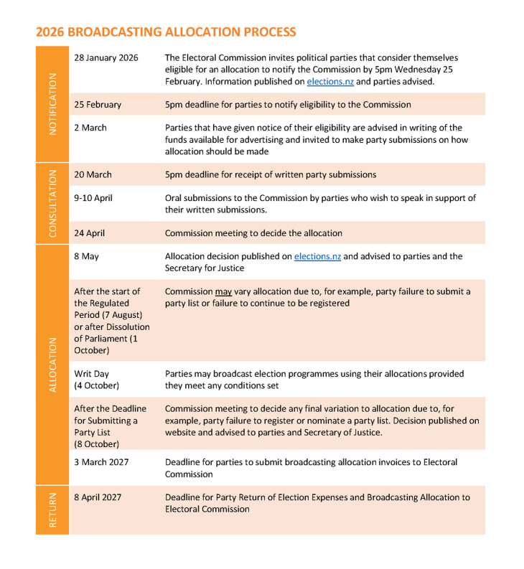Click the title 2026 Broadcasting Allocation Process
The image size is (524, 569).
(166, 32)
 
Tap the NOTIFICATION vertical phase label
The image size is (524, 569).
(52, 103)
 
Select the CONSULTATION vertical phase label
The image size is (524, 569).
(52, 203)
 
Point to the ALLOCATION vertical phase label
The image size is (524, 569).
(52, 365)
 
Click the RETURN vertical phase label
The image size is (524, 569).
(52, 509)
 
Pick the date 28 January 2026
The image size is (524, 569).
(106, 58)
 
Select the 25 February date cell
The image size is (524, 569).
(98, 105)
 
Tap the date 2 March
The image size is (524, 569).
(90, 128)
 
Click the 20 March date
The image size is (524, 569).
(93, 174)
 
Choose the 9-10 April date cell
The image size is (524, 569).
(93, 198)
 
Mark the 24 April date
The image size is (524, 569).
(92, 233)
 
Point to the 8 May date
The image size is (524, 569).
(88, 256)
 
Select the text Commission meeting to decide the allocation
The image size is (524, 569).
(253, 233)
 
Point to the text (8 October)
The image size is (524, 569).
(97, 444)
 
